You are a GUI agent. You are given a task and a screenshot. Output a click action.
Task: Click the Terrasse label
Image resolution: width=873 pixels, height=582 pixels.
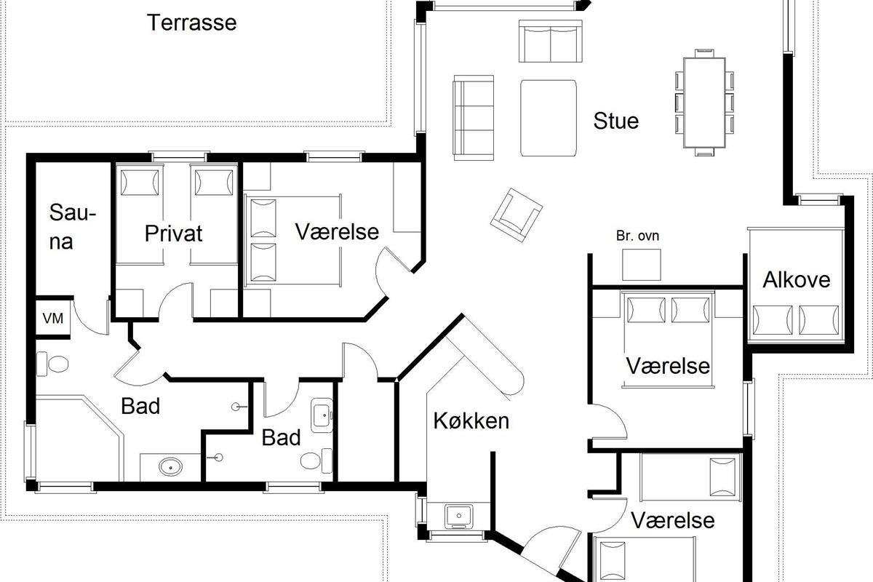[192, 23]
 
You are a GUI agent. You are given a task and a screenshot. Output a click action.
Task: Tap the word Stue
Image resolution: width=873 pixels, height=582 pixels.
[615, 121]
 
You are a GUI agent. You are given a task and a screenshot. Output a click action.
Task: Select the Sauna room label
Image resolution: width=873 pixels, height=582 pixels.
[73, 227]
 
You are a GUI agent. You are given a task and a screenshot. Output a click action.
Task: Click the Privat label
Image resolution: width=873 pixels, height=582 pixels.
[173, 234]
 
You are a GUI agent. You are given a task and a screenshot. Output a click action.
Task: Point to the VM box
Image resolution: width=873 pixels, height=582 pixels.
[53, 319]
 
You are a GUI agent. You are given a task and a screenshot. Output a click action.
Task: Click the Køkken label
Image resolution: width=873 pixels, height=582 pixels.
[471, 421]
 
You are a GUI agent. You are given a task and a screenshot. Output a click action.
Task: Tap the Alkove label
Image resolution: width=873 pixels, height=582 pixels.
[796, 280]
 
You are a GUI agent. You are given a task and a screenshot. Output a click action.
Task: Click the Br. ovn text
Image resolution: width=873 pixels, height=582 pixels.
[637, 236]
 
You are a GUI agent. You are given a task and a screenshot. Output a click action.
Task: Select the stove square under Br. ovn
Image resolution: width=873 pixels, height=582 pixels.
[642, 265]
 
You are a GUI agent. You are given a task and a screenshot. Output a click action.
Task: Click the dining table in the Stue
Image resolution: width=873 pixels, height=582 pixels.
[704, 103]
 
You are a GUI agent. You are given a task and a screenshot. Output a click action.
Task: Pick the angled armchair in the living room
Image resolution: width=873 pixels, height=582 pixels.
[517, 215]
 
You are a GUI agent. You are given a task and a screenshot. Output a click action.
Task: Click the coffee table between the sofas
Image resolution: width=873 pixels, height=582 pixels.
[549, 118]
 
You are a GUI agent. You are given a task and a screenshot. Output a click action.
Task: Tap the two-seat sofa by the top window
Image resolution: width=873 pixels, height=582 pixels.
[550, 41]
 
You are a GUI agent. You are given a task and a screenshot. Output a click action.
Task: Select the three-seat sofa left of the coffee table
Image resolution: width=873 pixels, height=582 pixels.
[474, 118]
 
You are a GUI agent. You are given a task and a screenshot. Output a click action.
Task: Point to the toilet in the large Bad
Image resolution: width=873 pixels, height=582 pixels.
[52, 364]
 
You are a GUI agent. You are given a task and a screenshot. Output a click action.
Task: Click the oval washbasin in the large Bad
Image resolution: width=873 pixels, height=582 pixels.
[171, 466]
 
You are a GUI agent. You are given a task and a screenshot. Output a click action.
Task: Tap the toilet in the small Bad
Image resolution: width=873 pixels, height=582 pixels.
[316, 461]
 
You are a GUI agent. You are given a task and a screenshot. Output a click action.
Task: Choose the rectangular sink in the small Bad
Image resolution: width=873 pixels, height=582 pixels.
[322, 415]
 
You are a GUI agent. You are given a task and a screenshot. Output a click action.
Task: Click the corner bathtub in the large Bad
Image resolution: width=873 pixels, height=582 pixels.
[78, 439]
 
